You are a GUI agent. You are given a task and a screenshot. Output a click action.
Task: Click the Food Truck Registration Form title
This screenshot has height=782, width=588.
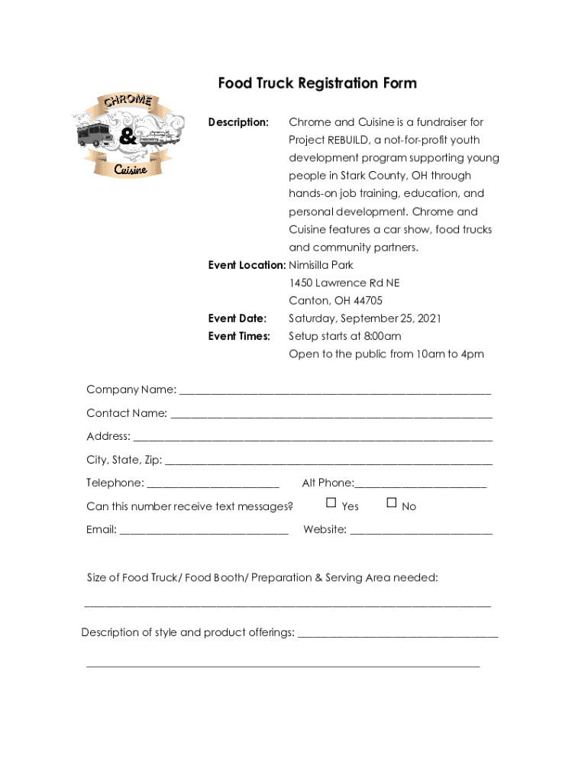coord(317,83)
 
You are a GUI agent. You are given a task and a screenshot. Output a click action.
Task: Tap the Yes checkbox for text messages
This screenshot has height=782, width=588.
coord(331,502)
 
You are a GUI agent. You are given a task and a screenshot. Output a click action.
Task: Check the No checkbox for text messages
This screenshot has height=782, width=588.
coord(392,502)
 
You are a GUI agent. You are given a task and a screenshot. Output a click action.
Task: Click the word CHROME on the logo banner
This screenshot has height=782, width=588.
coord(128,102)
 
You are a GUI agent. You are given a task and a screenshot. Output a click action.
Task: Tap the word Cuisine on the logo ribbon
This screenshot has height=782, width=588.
coord(131,170)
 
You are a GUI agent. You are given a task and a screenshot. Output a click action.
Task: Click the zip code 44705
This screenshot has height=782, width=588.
coord(366,301)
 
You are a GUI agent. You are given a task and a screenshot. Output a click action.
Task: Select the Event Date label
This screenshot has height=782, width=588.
coord(237,318)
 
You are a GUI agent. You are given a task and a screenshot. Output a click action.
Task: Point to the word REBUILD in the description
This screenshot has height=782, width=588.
coord(348,141)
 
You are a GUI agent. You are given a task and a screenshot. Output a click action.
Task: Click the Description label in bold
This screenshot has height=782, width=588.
coord(238,122)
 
